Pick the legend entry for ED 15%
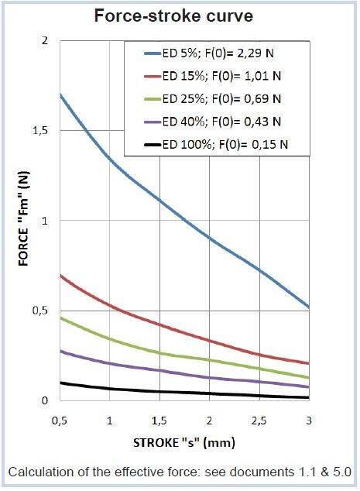coord(219,77)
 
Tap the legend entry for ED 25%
coord(219,99)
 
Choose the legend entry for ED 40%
coord(219,121)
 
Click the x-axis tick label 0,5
coord(60,420)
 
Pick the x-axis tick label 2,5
coord(259,420)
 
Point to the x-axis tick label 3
coord(309,420)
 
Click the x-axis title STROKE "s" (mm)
coord(183,444)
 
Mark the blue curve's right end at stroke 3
coord(309,307)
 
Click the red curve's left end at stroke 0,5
coord(60,275)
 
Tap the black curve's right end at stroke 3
coord(309,397)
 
